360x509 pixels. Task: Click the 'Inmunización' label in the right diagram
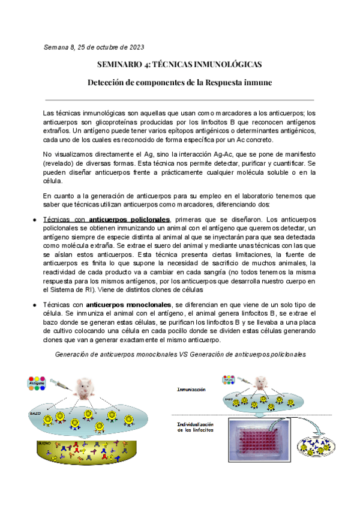pyautogui.click(x=193, y=390)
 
